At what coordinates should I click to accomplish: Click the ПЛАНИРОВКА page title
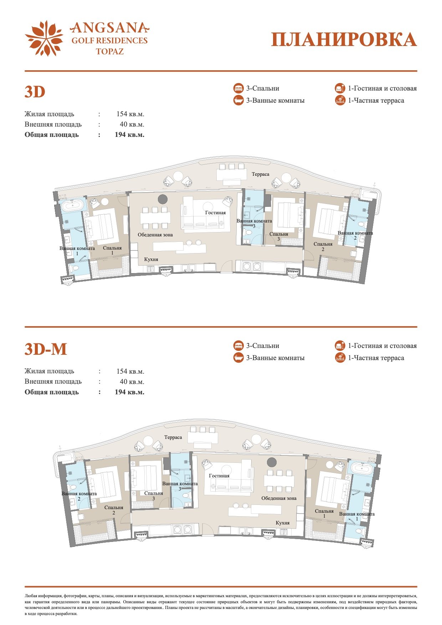pos(344,40)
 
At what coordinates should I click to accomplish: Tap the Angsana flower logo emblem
pos(44,39)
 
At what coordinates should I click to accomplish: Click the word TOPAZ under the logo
pos(110,51)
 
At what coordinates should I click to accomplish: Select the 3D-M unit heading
pos(46,349)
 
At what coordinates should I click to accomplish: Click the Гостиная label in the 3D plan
pos(216,213)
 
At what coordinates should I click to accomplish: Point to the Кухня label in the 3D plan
pos(151,260)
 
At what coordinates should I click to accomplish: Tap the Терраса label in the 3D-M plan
pos(173,437)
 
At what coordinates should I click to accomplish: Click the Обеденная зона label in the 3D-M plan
pos(279,498)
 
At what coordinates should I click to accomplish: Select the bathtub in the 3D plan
pos(72,206)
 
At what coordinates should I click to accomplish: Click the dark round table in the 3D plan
pos(163,199)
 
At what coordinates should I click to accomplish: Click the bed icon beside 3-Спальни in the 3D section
pos(238,88)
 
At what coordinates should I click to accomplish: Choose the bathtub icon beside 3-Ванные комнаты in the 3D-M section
pos(238,358)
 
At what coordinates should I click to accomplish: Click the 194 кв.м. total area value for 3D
pos(129,135)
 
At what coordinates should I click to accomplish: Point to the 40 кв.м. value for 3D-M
pos(132,382)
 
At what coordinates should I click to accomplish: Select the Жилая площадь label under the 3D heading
pos(50,114)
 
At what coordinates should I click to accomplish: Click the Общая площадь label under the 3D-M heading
pos(52,392)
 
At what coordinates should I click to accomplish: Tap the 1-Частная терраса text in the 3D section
pos(376,101)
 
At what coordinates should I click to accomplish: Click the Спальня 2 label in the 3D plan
pos(323,247)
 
